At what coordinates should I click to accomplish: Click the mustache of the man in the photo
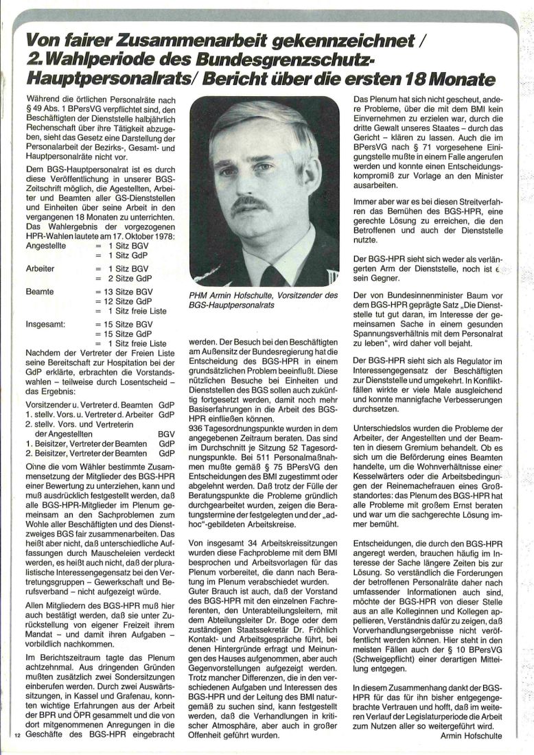(251, 204)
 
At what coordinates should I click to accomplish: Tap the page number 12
(17, 736)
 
